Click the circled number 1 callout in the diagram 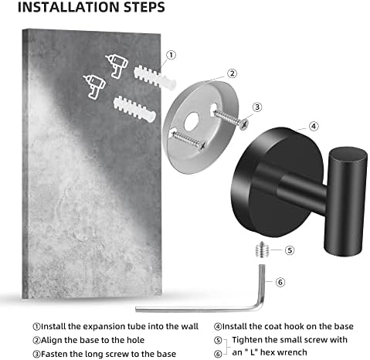click(171, 55)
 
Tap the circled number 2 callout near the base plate click(232, 73)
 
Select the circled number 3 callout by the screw click(257, 107)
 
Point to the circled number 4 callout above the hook click(314, 126)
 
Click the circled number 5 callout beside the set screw click(290, 250)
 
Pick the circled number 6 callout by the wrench click(280, 282)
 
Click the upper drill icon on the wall click(117, 66)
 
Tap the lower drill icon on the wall click(94, 87)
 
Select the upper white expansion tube click(154, 76)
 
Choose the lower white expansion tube click(134, 109)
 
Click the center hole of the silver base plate click(192, 121)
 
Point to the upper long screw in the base click(230, 118)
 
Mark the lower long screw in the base click(188, 141)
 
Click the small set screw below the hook click(262, 250)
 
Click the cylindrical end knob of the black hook click(345, 202)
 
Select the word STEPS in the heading click(144, 7)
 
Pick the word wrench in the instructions click(292, 352)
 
